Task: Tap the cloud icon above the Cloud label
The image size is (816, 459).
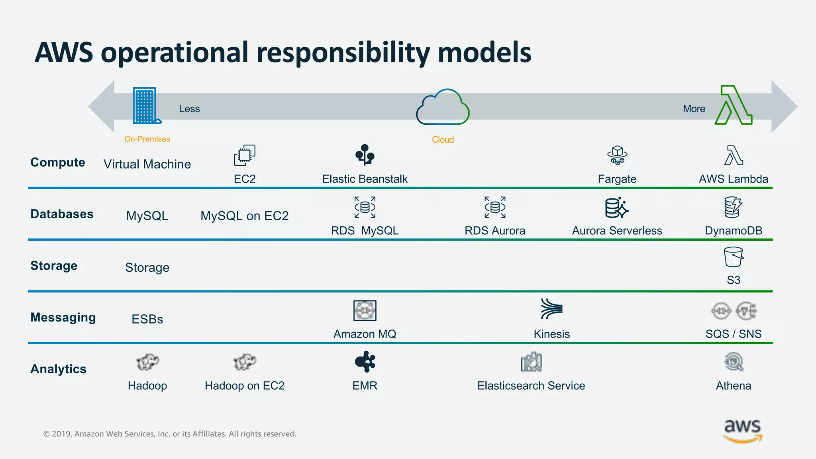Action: tap(443, 107)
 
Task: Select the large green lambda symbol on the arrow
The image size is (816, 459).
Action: tap(734, 105)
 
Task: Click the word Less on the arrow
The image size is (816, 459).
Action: tap(189, 109)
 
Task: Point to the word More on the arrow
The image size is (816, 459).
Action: tap(694, 109)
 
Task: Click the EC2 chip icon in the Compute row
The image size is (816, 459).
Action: tap(245, 155)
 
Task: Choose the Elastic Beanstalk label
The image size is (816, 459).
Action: tap(365, 179)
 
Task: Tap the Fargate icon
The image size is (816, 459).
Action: tap(617, 155)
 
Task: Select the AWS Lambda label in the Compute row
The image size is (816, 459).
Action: tap(733, 179)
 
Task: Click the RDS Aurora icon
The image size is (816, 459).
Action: tap(495, 207)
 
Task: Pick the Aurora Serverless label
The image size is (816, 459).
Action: tap(617, 231)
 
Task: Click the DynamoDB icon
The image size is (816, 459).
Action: tap(733, 207)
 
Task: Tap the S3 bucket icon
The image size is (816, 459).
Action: tap(733, 257)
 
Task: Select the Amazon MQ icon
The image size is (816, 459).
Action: tap(365, 310)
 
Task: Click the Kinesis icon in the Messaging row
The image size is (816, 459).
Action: tap(551, 309)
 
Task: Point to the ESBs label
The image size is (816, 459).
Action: tap(147, 319)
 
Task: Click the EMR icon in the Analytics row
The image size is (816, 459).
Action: tap(365, 362)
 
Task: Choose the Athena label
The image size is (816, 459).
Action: tap(733, 386)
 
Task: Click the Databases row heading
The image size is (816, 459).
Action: tap(62, 214)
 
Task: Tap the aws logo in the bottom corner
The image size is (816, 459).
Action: tap(743, 430)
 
